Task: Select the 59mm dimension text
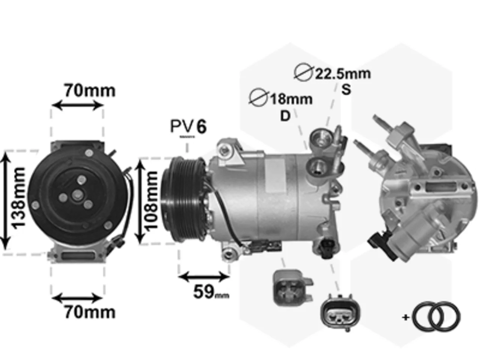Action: click(211, 292)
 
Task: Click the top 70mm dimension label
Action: click(90, 91)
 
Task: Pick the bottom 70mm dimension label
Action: click(90, 312)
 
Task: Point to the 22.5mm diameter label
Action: click(343, 74)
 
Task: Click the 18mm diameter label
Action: click(291, 99)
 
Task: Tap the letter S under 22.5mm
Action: click(346, 89)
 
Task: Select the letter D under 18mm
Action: click(285, 116)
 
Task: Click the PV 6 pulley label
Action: click(188, 126)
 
